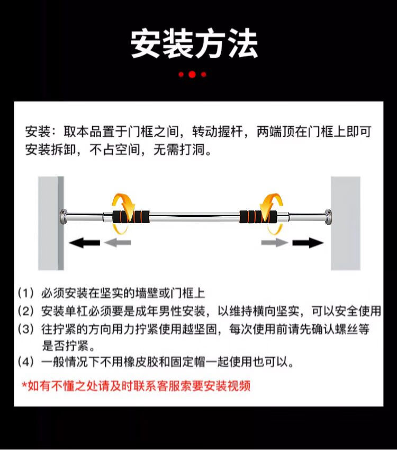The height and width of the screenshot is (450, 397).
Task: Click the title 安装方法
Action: [194, 44]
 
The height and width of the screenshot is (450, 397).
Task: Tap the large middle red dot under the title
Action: [192, 74]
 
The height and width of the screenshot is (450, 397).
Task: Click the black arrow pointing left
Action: [84, 243]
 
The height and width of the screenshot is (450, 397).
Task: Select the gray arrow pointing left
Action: [118, 243]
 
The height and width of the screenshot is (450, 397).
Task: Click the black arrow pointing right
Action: [308, 243]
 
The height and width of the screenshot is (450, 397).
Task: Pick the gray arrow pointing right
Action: [275, 243]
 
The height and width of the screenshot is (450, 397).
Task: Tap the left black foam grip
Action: [131, 217]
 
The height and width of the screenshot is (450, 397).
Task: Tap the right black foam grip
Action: [258, 217]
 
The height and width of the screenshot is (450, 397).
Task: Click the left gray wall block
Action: [51, 223]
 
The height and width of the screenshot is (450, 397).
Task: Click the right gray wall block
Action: [346, 223]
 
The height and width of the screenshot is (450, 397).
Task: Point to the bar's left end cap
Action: [64, 217]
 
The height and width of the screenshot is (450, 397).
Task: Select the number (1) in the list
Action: [26, 293]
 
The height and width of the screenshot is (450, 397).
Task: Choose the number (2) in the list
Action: [26, 311]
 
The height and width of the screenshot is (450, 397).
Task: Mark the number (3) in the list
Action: [26, 329]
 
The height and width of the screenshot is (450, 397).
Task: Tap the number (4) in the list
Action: [26, 361]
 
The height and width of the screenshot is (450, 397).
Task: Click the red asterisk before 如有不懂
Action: [25, 384]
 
